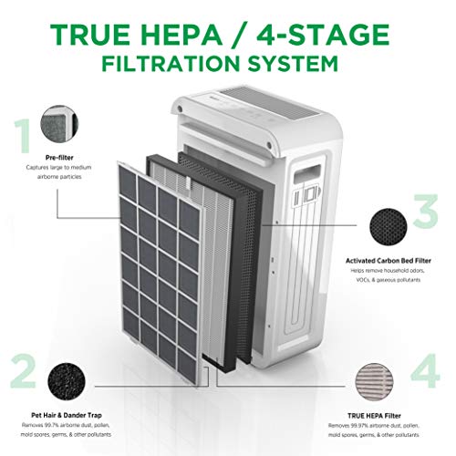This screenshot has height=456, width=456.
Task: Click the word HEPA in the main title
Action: [193, 35]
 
